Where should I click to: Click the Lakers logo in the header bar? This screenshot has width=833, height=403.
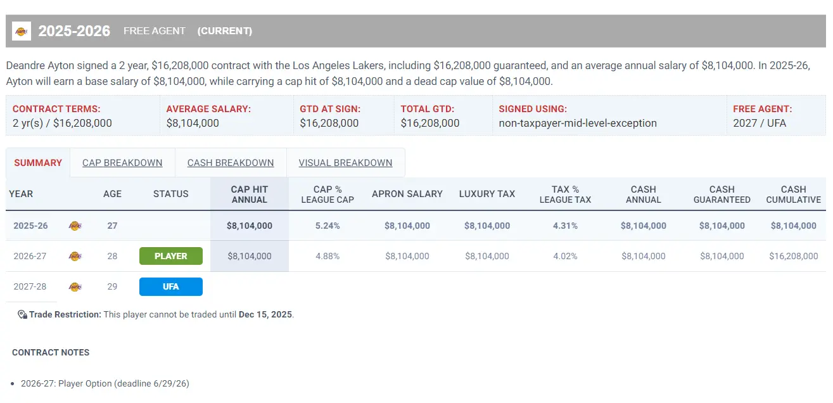coord(22,31)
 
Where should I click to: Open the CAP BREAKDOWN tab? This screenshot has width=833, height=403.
coord(122,163)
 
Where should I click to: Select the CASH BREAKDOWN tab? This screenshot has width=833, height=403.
coord(231,163)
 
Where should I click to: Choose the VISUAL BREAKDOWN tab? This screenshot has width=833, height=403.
coord(345,163)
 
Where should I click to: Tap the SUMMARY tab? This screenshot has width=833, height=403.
coord(38,163)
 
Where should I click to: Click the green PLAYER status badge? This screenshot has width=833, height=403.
coord(171,256)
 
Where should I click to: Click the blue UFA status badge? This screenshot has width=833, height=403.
coord(171,286)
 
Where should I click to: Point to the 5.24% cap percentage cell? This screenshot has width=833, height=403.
coord(327,226)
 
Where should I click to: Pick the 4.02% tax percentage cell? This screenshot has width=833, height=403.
coord(565,256)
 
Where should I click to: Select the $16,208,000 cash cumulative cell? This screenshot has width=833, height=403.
coord(793,256)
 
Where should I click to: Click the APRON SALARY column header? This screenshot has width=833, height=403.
coord(407,194)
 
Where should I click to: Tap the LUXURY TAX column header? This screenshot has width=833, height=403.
coord(487,194)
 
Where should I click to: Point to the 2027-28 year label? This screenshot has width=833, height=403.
coord(30,286)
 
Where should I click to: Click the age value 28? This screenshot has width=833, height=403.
coord(112,256)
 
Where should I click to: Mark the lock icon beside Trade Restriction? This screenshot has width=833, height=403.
coord(22,314)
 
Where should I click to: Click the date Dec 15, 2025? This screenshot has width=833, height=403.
coord(265,314)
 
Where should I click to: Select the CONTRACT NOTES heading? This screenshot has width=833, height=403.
coord(51,352)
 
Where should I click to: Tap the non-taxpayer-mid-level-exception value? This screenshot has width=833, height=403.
coord(578,123)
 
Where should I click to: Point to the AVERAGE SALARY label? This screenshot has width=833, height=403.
coord(208,109)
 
